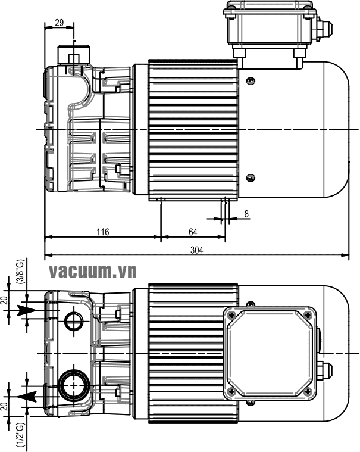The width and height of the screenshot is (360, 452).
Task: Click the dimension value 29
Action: click(x=60, y=23)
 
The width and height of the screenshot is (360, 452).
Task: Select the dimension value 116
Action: click(x=103, y=232)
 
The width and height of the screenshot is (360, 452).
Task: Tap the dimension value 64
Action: click(x=193, y=232)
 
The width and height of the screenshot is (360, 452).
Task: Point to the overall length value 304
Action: click(x=196, y=251)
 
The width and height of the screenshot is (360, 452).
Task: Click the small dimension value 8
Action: click(x=246, y=213)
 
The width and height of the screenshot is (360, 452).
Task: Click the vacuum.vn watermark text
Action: click(x=93, y=272)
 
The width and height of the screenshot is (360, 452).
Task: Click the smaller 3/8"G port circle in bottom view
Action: click(x=75, y=321)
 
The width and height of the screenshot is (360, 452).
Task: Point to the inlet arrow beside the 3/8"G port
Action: click(x=27, y=310)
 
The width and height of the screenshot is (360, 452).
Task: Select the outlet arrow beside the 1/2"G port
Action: click(x=26, y=395)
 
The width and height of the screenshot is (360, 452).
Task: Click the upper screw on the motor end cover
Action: click(x=251, y=80)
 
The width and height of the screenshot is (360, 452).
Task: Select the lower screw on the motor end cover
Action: click(x=251, y=176)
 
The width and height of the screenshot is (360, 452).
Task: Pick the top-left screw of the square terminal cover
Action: click(x=232, y=315)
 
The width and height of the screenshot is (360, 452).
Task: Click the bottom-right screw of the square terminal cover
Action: click(x=308, y=391)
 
